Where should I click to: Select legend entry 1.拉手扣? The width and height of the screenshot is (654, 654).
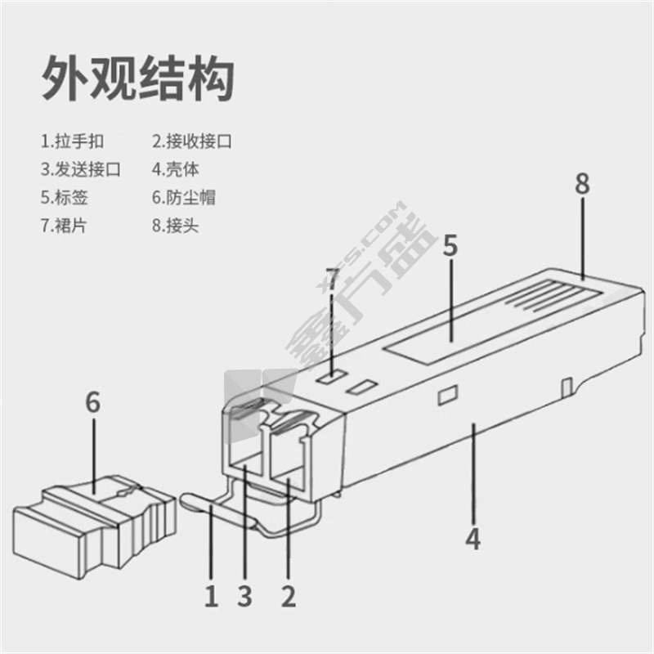tap(73, 141)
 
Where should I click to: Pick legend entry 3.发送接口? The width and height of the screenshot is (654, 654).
tap(81, 169)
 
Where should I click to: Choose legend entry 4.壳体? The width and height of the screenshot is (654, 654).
tap(176, 169)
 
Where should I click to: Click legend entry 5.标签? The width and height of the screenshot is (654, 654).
tap(65, 197)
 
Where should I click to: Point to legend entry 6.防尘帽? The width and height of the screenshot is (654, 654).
tap(184, 197)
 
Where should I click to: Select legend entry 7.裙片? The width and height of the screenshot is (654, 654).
tap(65, 225)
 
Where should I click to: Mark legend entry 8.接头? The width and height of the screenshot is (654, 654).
tap(176, 225)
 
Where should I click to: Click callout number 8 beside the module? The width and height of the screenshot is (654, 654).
tap(581, 184)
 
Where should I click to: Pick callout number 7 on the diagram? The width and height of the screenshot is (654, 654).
tap(332, 279)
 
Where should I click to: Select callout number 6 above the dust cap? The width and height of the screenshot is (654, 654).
tap(93, 403)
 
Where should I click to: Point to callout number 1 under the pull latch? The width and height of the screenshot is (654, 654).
tap(211, 596)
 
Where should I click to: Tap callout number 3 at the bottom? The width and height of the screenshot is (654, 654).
tap(244, 596)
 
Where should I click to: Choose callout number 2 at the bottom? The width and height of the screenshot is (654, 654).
tap(288, 596)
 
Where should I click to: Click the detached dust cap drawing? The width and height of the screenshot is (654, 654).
tap(94, 524)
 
